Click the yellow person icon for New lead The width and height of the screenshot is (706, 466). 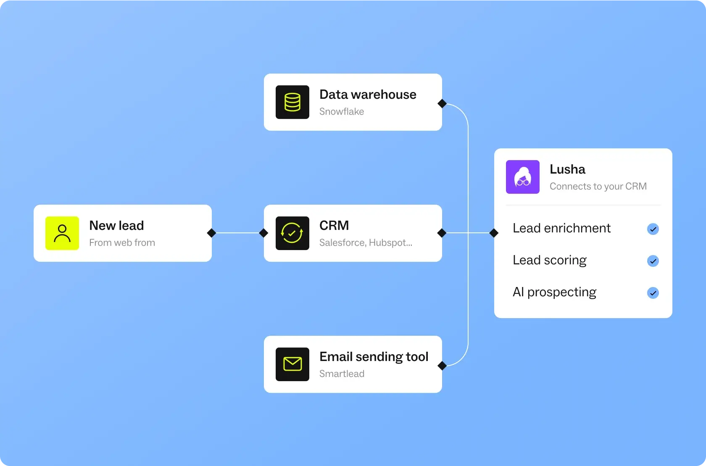(62, 233)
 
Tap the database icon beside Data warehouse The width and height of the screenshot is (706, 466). (292, 102)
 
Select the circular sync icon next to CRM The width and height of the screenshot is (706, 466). (292, 233)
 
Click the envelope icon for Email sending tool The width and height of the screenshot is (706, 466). (292, 364)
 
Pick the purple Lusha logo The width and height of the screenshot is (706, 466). (523, 177)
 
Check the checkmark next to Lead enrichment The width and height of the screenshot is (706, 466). (653, 229)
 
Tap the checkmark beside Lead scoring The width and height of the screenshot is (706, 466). (653, 261)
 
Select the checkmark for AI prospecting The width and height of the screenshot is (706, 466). (653, 293)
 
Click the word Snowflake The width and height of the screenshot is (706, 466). (342, 112)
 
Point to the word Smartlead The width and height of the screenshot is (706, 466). (342, 374)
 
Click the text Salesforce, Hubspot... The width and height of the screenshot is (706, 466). (366, 243)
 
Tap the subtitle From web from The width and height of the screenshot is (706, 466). (122, 243)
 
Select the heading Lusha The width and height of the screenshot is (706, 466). (567, 169)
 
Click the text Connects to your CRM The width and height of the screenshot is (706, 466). (598, 187)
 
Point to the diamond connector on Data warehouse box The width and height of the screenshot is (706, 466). (442, 103)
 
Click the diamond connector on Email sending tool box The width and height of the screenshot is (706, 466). (442, 366)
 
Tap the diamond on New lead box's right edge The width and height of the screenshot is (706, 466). (211, 233)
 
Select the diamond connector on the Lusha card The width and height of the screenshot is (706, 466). (494, 233)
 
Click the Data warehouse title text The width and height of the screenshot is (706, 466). (368, 95)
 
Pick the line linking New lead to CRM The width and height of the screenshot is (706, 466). (237, 233)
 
